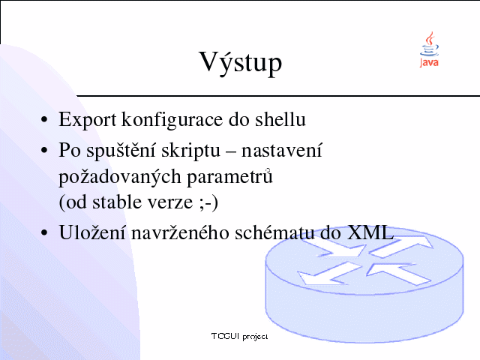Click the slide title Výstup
[x=241, y=63]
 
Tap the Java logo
[x=429, y=49]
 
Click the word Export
[x=87, y=120]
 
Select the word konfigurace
[x=172, y=121]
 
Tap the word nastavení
[x=282, y=150]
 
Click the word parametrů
[x=229, y=177]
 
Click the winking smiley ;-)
[x=208, y=202]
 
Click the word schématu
[x=274, y=232]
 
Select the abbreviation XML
[x=370, y=232]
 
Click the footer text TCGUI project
[x=240, y=337]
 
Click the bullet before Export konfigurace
[x=44, y=120]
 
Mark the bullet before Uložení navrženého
[x=44, y=232]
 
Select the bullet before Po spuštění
[x=44, y=150]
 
